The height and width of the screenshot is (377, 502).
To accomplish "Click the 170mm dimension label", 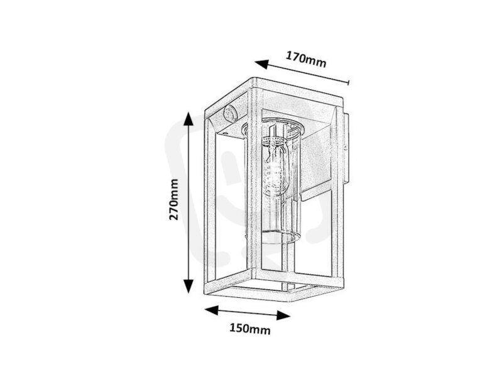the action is coord(306,60).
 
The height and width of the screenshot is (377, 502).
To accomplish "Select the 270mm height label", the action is coord(173,199).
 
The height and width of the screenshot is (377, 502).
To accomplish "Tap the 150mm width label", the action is coord(250,329).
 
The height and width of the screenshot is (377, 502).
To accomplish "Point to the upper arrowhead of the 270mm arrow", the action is coord(188,119).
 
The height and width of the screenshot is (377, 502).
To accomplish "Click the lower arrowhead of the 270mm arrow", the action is coord(188,286).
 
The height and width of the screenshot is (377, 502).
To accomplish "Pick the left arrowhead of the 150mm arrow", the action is coord(211,310).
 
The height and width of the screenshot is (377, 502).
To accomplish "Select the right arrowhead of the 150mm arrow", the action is coord(283,315).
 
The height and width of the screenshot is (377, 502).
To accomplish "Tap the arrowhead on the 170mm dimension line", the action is coord(261,64).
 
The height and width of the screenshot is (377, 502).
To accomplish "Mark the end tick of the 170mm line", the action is coord(348,83).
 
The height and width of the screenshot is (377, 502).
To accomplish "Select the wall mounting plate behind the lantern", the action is coord(345,149).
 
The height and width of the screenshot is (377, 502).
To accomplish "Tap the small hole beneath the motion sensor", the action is coord(226,132).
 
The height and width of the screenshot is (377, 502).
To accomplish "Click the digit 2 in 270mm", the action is coord(173,216).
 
